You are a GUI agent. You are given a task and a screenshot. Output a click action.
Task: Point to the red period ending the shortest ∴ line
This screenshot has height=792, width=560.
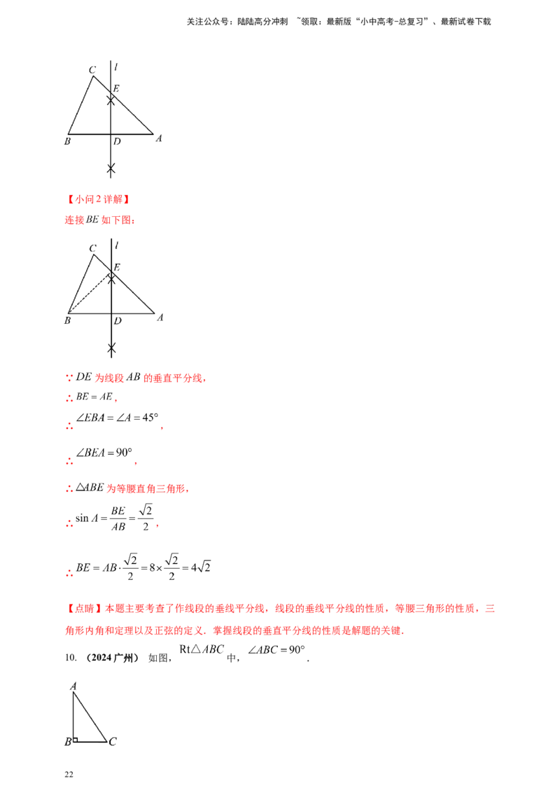115,399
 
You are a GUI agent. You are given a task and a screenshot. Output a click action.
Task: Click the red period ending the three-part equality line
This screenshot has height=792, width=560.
162,427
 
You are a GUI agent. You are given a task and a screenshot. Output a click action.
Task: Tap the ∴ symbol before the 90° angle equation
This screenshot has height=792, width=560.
69,462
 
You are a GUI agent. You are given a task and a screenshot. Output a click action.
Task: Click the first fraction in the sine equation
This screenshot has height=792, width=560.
120,518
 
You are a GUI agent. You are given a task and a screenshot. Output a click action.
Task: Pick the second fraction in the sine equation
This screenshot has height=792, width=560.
145,516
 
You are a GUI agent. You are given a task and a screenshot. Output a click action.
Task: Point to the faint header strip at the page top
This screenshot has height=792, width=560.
339,23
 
